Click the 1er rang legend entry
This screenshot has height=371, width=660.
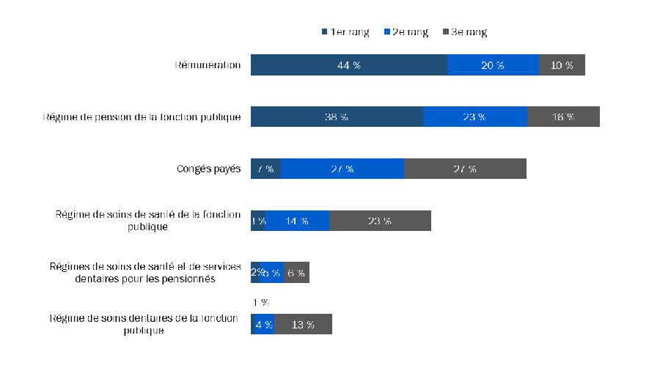pos(345,32)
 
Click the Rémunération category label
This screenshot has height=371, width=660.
pos(208,65)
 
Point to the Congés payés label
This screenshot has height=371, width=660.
pos(208,169)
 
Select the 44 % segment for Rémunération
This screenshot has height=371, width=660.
pos(348,65)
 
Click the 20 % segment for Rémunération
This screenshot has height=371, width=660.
pos(493,65)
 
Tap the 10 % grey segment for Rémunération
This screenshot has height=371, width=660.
pos(562,65)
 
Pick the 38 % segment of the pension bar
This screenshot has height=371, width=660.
pos(337,117)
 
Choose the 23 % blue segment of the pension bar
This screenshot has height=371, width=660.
pos(474,117)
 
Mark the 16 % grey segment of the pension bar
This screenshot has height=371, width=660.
pos(563,117)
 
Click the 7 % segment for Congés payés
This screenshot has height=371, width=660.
pos(265,169)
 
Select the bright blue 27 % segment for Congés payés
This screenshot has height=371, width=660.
pos(342,169)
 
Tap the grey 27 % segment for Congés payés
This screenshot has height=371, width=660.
pos(465,169)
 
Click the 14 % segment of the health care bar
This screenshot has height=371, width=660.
pos(297,221)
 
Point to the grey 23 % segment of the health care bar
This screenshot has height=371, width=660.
pos(380,221)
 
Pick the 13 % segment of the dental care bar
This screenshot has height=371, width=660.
pos(303,324)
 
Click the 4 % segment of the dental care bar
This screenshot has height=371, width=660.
pos(263,324)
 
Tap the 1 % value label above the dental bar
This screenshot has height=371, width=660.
pos(260,302)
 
